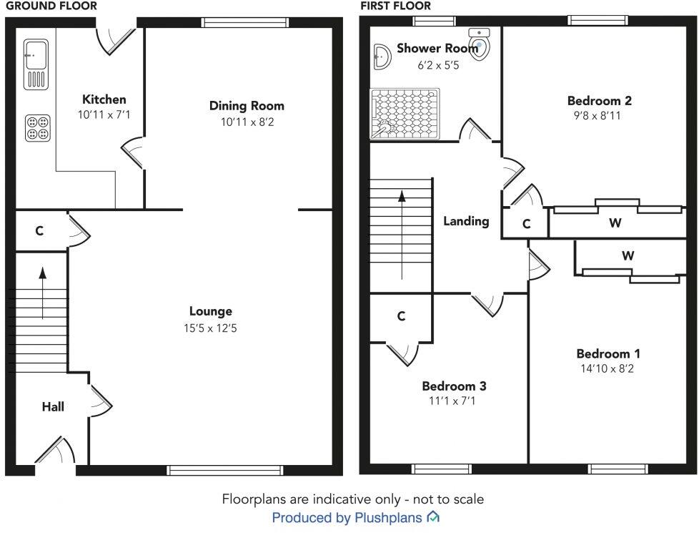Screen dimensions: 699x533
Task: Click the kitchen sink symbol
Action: (36, 64)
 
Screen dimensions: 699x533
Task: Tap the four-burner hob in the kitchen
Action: (37, 128)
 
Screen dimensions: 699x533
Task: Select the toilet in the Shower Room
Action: (480, 44)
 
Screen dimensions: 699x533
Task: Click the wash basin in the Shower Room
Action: (382, 57)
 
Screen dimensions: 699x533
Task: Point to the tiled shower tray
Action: (405, 114)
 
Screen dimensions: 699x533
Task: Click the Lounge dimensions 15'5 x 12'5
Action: (210, 328)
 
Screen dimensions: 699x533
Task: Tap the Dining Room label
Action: (247, 106)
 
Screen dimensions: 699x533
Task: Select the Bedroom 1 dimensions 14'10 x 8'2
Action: (608, 368)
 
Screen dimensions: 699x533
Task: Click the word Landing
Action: (466, 221)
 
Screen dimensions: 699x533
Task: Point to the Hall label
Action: (53, 406)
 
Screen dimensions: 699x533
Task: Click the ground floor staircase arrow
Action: (42, 293)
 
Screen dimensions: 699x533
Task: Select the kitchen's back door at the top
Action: (116, 41)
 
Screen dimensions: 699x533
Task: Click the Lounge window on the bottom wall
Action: (224, 470)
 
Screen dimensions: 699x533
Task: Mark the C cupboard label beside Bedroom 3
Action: (401, 316)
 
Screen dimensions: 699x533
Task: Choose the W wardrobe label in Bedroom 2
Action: (615, 223)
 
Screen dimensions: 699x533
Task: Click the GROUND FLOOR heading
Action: (51, 6)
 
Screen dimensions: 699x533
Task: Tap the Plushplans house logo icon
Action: (433, 517)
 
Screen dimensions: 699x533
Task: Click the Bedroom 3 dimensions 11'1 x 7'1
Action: (452, 401)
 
